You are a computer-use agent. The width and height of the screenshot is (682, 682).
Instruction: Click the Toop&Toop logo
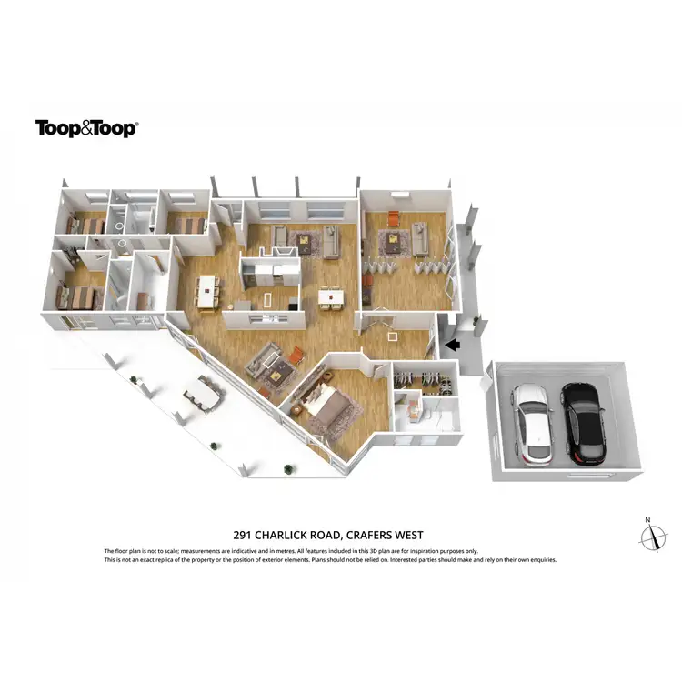85,128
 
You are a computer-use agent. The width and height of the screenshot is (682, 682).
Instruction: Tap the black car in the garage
581,421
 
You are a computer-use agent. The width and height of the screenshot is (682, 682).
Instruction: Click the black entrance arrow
451,345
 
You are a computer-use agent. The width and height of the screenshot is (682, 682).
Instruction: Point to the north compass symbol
651,537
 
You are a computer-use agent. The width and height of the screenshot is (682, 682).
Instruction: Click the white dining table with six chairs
210,291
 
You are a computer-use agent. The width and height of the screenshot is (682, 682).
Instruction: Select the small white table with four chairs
331,296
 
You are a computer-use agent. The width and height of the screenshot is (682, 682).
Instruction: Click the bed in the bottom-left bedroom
80,296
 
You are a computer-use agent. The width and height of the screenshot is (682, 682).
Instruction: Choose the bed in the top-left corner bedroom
89,224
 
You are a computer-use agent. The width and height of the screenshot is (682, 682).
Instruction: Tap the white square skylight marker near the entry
393,335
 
